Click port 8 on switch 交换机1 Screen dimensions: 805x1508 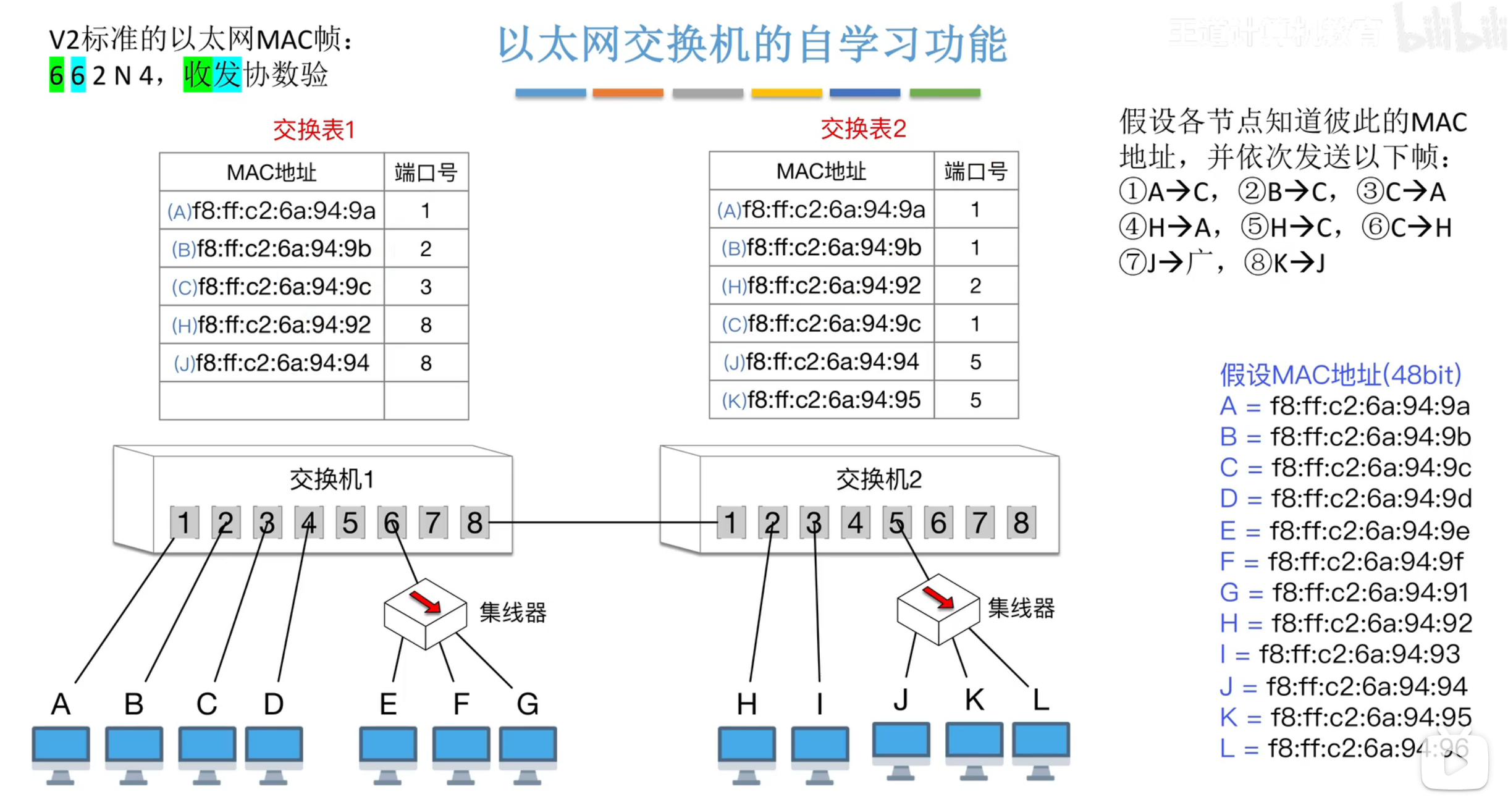coord(474,523)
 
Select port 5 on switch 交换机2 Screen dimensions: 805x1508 coord(896,523)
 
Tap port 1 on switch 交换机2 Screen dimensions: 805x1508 coord(731,523)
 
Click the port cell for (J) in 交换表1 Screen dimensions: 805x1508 coord(426,363)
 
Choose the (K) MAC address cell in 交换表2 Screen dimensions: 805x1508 coord(822,400)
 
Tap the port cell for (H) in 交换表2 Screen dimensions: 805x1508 coord(975,285)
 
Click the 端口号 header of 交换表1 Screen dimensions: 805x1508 coord(426,172)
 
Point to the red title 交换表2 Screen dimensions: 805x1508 coord(863,129)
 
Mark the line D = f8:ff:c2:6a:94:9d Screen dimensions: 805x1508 coord(1346,499)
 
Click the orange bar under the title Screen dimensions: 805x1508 coord(628,93)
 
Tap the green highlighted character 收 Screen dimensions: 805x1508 coord(198,75)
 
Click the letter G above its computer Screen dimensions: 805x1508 coord(528,704)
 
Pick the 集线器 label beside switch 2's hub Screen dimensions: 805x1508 coord(1021,609)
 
